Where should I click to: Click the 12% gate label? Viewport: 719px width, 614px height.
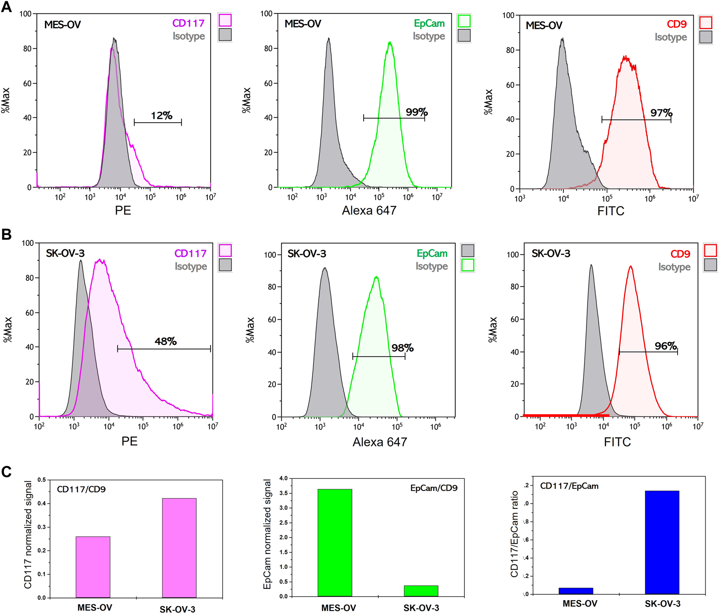coord(161,116)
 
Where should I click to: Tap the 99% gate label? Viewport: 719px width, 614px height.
coord(417,112)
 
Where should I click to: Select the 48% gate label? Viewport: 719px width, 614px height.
coord(166,341)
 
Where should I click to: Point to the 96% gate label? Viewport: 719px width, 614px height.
coord(666,346)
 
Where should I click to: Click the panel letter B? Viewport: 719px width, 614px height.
coord(6,234)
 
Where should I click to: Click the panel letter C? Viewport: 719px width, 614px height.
coord(6,472)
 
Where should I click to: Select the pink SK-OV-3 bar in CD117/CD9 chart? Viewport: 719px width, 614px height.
coord(179,547)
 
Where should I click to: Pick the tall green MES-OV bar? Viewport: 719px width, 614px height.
coord(335,542)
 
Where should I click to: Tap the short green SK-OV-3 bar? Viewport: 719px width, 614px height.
coord(421,590)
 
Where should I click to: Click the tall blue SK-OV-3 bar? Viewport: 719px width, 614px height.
coord(662,542)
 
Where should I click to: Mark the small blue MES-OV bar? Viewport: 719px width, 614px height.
coord(576,591)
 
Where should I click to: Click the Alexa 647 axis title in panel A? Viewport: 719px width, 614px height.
coord(369,210)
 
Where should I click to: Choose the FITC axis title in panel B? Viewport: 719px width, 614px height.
coord(617,442)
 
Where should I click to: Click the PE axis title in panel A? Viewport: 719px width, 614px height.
coord(123,210)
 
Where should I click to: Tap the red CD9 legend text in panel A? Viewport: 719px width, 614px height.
coord(676,24)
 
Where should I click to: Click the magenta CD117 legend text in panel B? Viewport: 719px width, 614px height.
coord(190,253)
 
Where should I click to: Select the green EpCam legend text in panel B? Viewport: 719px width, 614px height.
coord(432,253)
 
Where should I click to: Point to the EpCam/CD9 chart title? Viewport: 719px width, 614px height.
coord(433,488)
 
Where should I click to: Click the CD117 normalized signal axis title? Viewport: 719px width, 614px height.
coord(28,534)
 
